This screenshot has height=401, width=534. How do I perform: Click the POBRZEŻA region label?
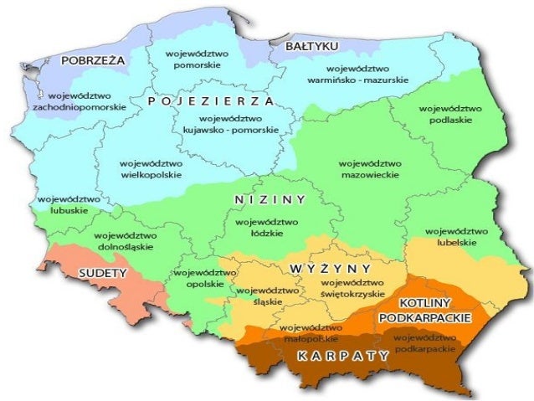(x=93, y=60)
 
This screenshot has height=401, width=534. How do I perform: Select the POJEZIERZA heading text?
(x=210, y=100)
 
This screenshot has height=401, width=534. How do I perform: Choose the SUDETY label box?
(x=102, y=273)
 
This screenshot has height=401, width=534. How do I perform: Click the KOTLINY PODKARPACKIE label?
(x=425, y=310)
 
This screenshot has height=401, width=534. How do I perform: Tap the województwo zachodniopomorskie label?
(x=80, y=101)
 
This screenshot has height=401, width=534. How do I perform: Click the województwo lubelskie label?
(x=456, y=236)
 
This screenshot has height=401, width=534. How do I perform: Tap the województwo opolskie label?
(x=205, y=278)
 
